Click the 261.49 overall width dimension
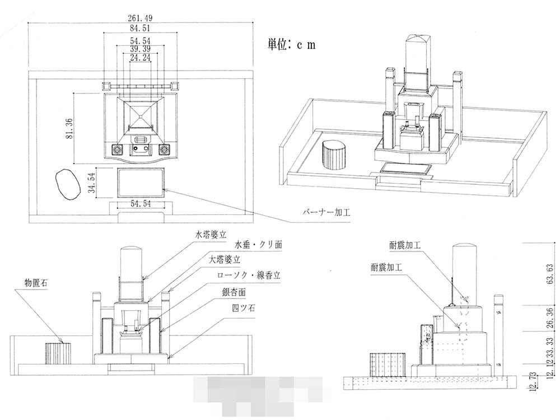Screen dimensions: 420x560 [140, 17]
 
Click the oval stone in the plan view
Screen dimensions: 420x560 [67, 185]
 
